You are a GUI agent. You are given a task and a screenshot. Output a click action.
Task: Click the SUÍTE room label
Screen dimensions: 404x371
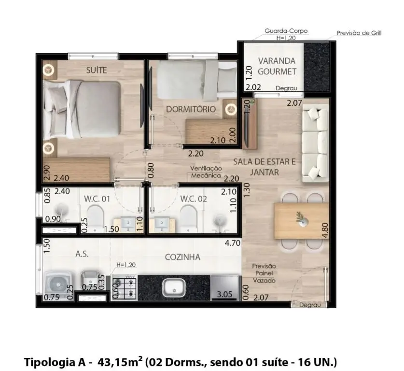tap(97, 70)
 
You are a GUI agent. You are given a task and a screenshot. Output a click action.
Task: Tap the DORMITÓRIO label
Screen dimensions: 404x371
tap(191, 109)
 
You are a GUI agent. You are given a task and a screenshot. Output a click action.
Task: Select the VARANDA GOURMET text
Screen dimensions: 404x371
tap(277, 66)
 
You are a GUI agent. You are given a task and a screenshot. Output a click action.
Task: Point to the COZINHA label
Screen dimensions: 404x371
tap(182, 257)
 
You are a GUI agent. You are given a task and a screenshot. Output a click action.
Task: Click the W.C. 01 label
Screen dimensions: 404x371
tap(97, 199)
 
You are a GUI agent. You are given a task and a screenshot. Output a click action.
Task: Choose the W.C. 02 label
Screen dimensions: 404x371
tap(194, 199)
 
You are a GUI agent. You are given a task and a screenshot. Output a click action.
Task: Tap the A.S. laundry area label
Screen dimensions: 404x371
tap(82, 254)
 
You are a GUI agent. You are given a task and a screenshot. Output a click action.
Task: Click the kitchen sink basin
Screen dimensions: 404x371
tap(174, 288)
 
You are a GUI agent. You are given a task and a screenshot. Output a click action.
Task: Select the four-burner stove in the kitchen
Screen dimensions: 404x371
tap(124, 287)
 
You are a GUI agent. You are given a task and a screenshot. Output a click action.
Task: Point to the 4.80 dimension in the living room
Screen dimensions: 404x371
tap(325, 230)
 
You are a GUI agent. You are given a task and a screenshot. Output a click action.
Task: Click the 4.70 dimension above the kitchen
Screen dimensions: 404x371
tap(232, 243)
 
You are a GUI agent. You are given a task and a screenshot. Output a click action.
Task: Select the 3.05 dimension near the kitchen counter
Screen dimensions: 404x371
tap(224, 294)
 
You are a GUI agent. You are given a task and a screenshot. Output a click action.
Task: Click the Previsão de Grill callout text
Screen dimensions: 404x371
tap(359, 33)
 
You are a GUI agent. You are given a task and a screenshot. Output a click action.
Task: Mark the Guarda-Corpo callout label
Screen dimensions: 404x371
tap(286, 31)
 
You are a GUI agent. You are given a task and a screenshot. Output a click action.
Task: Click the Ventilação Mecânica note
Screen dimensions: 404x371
tap(206, 172)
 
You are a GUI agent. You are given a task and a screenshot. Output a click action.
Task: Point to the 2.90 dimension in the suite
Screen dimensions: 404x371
tap(47, 173)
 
